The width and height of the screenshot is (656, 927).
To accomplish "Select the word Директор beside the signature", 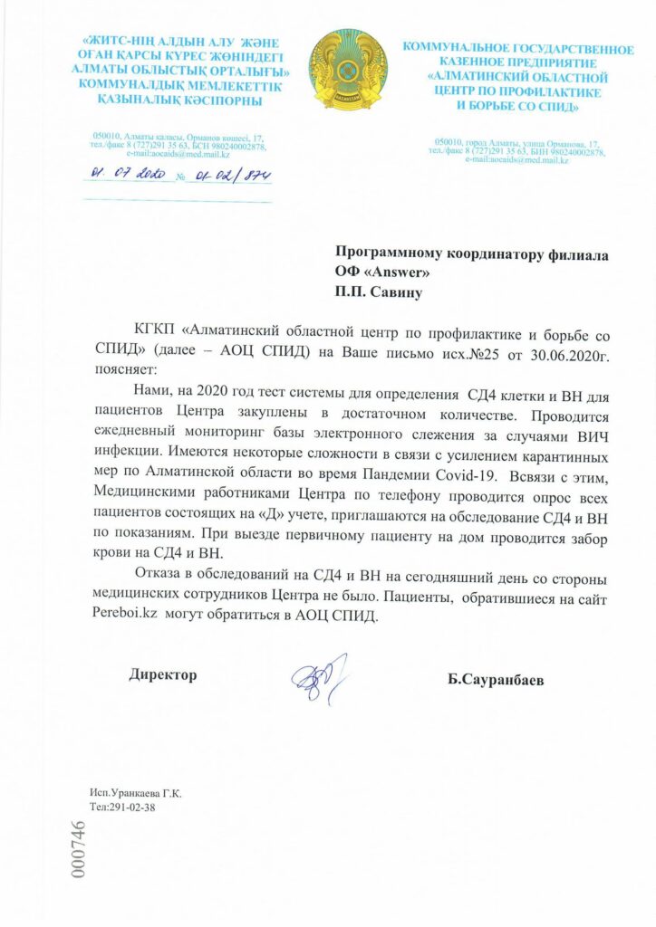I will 163,674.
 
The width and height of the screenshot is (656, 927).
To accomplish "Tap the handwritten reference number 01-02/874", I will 233,175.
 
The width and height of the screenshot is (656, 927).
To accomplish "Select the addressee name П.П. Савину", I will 378,291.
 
